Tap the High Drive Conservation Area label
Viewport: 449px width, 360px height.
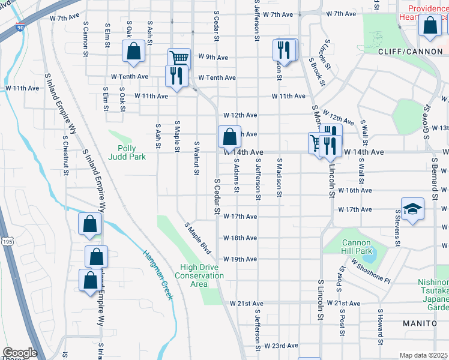(x=199, y=275)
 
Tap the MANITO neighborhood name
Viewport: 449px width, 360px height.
(x=420, y=323)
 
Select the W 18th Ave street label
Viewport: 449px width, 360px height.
(x=240, y=238)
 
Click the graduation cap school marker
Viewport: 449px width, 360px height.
(x=412, y=208)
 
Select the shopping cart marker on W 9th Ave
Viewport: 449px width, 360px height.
(x=179, y=58)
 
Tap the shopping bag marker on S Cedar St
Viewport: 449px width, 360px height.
(x=229, y=137)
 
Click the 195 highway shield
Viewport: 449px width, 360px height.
(x=7, y=241)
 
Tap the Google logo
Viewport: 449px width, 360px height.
(x=20, y=353)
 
